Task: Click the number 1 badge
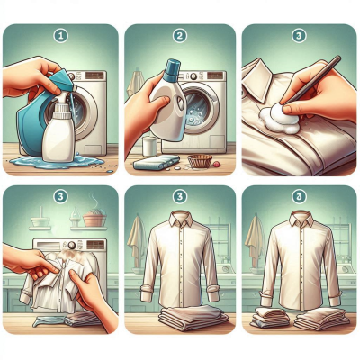coord(61,36)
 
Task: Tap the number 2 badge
coord(180,36)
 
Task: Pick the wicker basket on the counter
coord(200,161)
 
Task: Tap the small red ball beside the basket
coord(216,164)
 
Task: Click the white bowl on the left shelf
coord(40,221)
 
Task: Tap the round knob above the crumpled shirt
coord(71,245)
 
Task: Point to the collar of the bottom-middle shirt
coord(181,219)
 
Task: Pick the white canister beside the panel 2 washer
coord(149,146)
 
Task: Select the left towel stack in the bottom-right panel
coord(270,318)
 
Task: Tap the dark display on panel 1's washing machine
coord(94,76)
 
